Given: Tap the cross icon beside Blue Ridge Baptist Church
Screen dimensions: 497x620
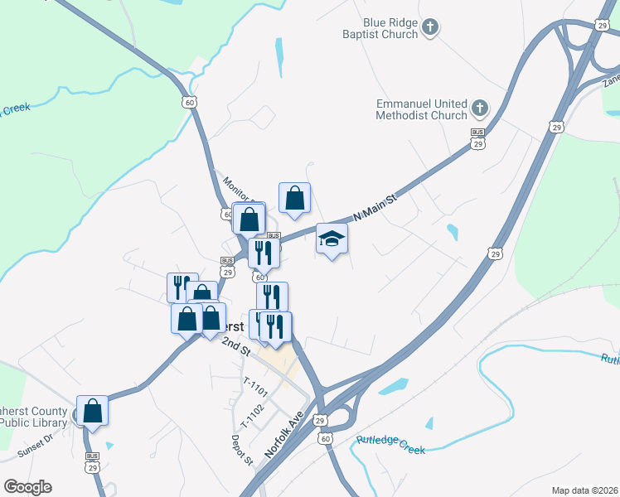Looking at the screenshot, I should tap(430, 27).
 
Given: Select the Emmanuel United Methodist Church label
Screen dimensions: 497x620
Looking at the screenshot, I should tap(423, 109).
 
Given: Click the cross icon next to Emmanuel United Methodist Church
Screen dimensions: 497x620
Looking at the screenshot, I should tap(479, 108).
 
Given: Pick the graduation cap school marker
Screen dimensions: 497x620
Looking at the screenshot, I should tap(332, 239).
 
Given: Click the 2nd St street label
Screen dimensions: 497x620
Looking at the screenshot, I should tap(235, 345).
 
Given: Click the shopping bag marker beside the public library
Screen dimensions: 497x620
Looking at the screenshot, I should tap(93, 409).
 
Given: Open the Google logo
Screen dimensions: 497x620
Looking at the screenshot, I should tap(27, 487).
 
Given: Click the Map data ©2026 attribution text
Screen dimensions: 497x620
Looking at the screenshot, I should tap(584, 490).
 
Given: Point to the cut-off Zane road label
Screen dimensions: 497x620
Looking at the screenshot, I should tap(611, 80).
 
